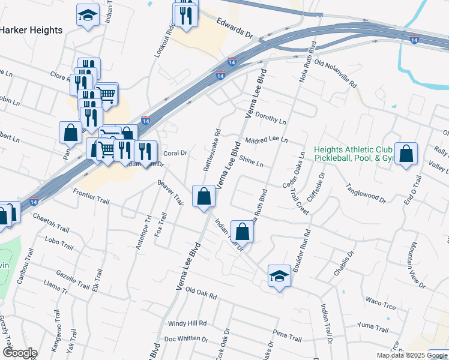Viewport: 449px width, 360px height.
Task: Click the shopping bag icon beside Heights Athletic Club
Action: point(406,153)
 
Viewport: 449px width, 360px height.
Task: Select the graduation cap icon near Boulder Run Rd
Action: point(279,275)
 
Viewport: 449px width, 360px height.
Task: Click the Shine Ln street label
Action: point(251,161)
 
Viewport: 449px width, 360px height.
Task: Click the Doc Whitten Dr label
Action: point(186,338)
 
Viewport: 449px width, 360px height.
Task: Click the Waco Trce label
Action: point(381,303)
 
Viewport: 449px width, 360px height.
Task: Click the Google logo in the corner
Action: point(20,353)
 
